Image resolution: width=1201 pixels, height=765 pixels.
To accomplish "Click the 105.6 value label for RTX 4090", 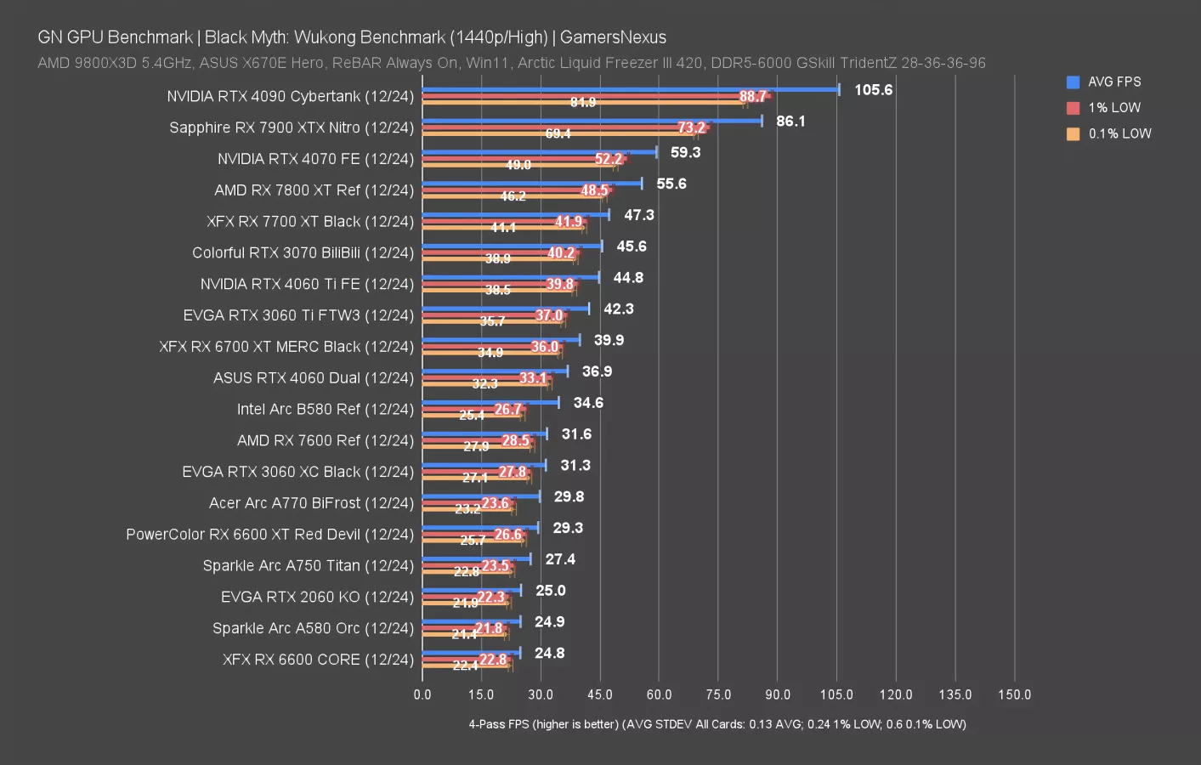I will [873, 90].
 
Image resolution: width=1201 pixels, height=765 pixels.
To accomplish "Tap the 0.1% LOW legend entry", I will [1119, 134].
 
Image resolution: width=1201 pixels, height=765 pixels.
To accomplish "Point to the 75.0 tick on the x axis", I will [718, 694].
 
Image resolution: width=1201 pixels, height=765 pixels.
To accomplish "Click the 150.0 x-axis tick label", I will [1014, 694].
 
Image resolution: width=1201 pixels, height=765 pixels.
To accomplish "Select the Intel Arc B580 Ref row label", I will [325, 409].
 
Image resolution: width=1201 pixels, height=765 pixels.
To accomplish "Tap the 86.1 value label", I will [790, 122].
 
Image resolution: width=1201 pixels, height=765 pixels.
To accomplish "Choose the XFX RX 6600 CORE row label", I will [318, 660].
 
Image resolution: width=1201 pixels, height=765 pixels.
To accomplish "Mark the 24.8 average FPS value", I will [549, 653].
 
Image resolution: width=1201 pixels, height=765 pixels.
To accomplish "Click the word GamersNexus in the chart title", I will [613, 37].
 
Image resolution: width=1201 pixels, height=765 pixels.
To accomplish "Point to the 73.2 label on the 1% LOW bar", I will [691, 127].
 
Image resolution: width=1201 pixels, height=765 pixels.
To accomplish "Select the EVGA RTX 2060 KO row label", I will [317, 597].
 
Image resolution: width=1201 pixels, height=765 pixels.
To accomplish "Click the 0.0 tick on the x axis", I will [422, 694].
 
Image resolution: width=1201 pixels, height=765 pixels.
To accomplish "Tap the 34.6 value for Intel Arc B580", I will [588, 403].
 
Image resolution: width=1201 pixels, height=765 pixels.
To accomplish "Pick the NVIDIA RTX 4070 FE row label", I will [315, 159].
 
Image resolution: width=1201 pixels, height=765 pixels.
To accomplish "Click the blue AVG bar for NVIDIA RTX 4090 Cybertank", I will [630, 89].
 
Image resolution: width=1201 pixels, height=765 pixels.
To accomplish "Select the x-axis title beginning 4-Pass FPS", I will [717, 724].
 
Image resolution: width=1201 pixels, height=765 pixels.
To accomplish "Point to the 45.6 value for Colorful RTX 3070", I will [632, 246].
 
